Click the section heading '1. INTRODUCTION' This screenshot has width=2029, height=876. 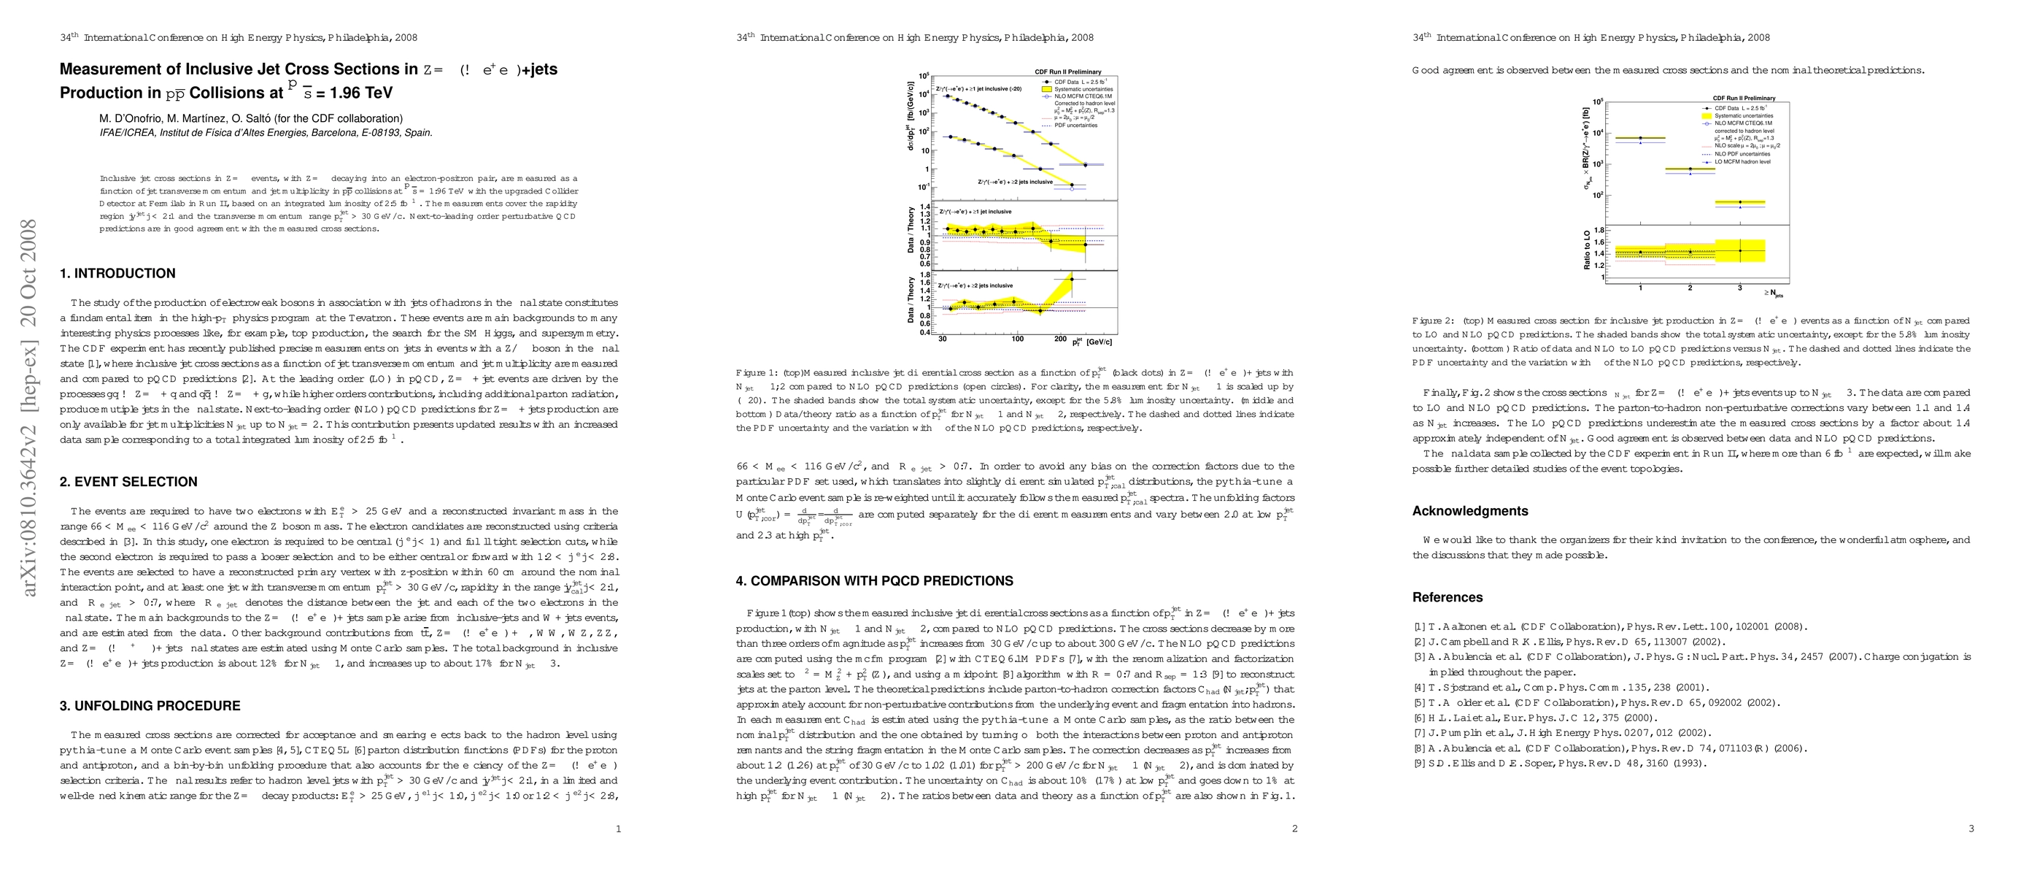117,273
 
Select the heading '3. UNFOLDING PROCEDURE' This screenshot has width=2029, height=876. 150,706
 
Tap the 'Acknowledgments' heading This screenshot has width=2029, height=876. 1469,510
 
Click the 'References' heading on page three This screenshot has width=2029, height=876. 1447,597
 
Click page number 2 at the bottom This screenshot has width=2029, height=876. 1294,828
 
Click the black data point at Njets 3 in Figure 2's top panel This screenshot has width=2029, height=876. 1740,202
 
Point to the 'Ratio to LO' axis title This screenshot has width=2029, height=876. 1586,250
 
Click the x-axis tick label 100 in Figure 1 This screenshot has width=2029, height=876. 1017,339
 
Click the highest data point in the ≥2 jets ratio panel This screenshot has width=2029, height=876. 1071,279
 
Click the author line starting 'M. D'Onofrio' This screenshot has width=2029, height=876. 250,119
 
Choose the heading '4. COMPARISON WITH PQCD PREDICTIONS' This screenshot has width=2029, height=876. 874,580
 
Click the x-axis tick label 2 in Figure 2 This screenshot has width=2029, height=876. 1690,288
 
